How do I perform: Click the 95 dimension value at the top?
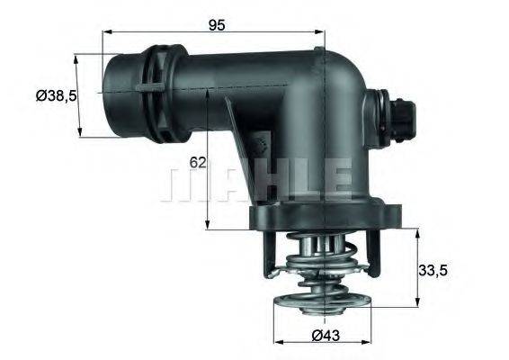[216, 24]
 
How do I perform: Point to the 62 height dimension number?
[199, 163]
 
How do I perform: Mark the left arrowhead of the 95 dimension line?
[106, 31]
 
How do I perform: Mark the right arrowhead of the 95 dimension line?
[321, 31]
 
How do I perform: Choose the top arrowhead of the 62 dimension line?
[208, 90]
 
